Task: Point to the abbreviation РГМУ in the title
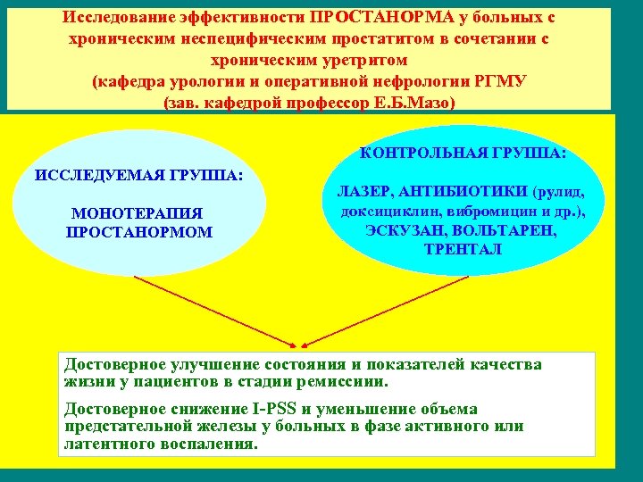(504, 82)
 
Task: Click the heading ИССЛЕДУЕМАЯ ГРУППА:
(138, 174)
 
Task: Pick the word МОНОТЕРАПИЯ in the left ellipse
(138, 214)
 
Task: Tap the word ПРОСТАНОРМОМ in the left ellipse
(139, 232)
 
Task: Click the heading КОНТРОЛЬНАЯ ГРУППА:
(463, 153)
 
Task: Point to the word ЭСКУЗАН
(400, 230)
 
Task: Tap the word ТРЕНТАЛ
(463, 249)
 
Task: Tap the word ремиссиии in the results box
(348, 381)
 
